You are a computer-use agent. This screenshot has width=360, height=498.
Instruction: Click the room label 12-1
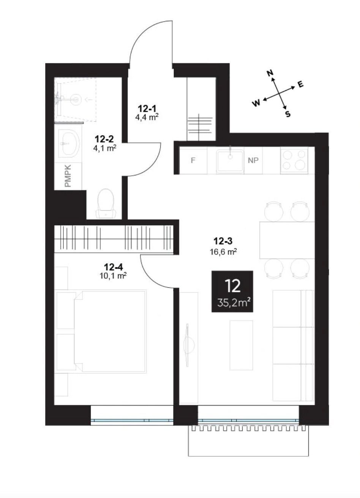(147, 109)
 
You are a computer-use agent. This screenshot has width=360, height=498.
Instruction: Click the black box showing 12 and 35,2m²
(232, 292)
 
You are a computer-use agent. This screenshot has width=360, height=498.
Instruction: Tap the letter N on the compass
(270, 73)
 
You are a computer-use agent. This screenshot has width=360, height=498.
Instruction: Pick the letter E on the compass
(300, 85)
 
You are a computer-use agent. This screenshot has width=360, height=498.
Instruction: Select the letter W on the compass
(256, 103)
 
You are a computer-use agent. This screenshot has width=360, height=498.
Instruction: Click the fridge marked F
(193, 160)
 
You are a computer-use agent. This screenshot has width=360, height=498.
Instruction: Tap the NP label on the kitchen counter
(253, 160)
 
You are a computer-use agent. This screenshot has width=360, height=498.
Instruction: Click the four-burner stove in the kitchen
(294, 160)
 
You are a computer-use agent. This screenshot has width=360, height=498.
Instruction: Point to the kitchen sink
(230, 161)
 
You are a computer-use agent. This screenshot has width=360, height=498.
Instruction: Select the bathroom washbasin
(69, 144)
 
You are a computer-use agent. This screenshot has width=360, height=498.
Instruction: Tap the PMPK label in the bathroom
(68, 176)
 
